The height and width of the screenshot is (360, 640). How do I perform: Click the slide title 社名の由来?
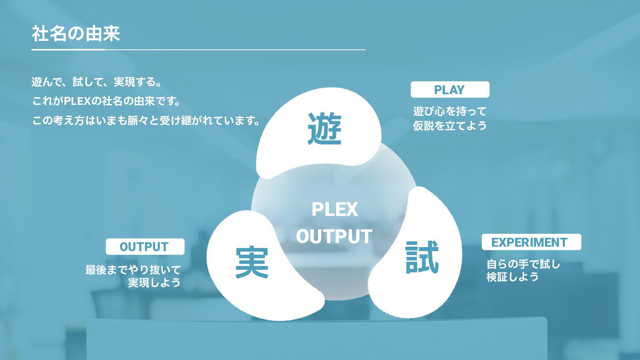76,34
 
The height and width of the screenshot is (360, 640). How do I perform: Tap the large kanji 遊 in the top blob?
324,129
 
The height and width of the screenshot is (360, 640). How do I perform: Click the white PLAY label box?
449,90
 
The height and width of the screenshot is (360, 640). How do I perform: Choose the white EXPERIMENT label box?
531,242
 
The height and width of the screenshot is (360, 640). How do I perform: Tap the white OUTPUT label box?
144,247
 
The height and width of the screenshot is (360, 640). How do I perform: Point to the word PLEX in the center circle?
334,209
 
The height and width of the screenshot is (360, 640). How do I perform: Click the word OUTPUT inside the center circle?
334,236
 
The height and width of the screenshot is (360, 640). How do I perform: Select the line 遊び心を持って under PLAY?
450,111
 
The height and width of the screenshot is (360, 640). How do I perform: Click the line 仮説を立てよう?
450,126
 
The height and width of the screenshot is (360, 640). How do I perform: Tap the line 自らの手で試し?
523,264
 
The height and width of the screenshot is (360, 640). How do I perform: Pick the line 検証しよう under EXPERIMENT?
512,277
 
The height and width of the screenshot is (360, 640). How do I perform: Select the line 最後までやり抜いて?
133,270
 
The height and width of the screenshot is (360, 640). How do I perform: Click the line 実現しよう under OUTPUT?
154,283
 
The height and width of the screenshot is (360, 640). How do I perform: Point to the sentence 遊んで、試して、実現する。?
96,82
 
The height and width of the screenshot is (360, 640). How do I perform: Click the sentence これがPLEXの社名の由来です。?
107,101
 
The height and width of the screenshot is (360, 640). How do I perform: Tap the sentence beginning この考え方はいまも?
146,120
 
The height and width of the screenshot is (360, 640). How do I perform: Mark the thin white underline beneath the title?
198,50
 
